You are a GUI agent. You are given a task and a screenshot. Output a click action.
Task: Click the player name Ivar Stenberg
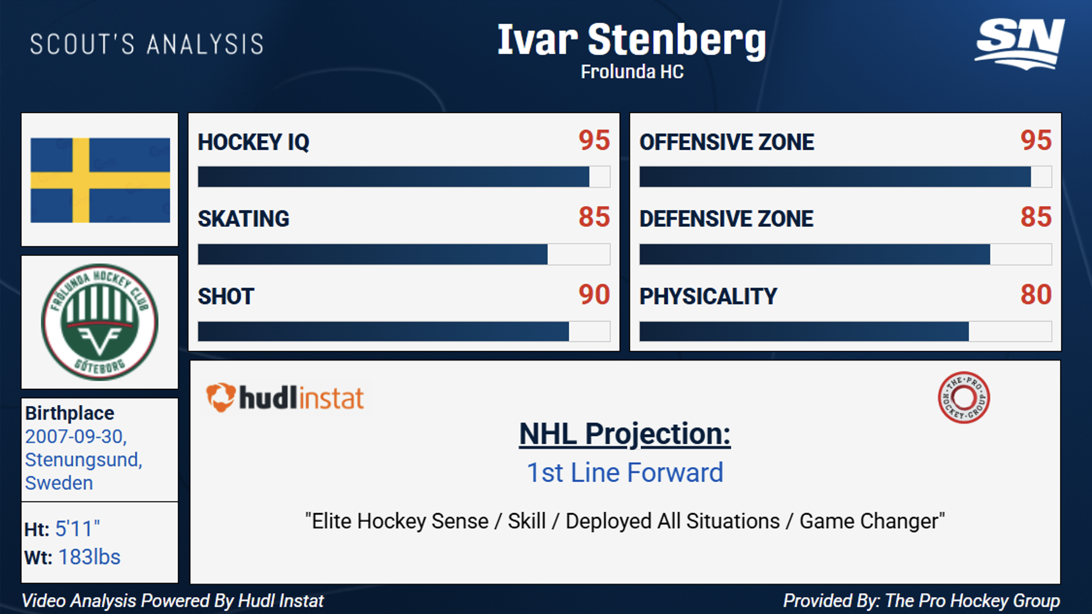tap(632, 41)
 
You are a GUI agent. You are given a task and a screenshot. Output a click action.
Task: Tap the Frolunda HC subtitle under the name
tap(632, 72)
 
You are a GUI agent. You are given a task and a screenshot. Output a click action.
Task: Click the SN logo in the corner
tap(1020, 44)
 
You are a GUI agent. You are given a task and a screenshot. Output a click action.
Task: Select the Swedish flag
tap(100, 180)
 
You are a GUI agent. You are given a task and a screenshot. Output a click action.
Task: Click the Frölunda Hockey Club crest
tap(100, 322)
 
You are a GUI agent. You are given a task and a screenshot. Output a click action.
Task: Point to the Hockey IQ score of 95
tap(594, 140)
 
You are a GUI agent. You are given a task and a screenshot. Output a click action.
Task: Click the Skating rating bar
tap(404, 254)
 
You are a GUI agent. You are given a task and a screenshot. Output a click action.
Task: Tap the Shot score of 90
tap(594, 295)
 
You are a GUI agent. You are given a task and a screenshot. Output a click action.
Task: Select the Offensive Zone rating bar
tap(845, 176)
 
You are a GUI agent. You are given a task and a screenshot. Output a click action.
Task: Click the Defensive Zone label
tap(726, 219)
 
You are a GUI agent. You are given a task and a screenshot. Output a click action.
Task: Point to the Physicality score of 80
tap(1036, 295)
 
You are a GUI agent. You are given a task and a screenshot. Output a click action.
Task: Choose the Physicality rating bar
tap(845, 331)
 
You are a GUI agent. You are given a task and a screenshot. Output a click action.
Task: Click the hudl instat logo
tap(285, 398)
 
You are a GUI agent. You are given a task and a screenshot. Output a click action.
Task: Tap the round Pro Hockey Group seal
tap(964, 398)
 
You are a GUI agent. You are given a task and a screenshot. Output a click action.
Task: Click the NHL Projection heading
tap(625, 434)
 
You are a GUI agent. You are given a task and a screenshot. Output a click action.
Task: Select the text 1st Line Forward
tap(625, 472)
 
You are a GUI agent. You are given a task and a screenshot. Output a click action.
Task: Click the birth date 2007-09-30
tap(75, 436)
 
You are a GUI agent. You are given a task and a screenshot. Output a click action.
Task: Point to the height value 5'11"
tap(77, 529)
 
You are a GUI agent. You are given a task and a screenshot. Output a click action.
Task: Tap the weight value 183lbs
tap(89, 557)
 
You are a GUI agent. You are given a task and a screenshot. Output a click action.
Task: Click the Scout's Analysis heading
tap(147, 45)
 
